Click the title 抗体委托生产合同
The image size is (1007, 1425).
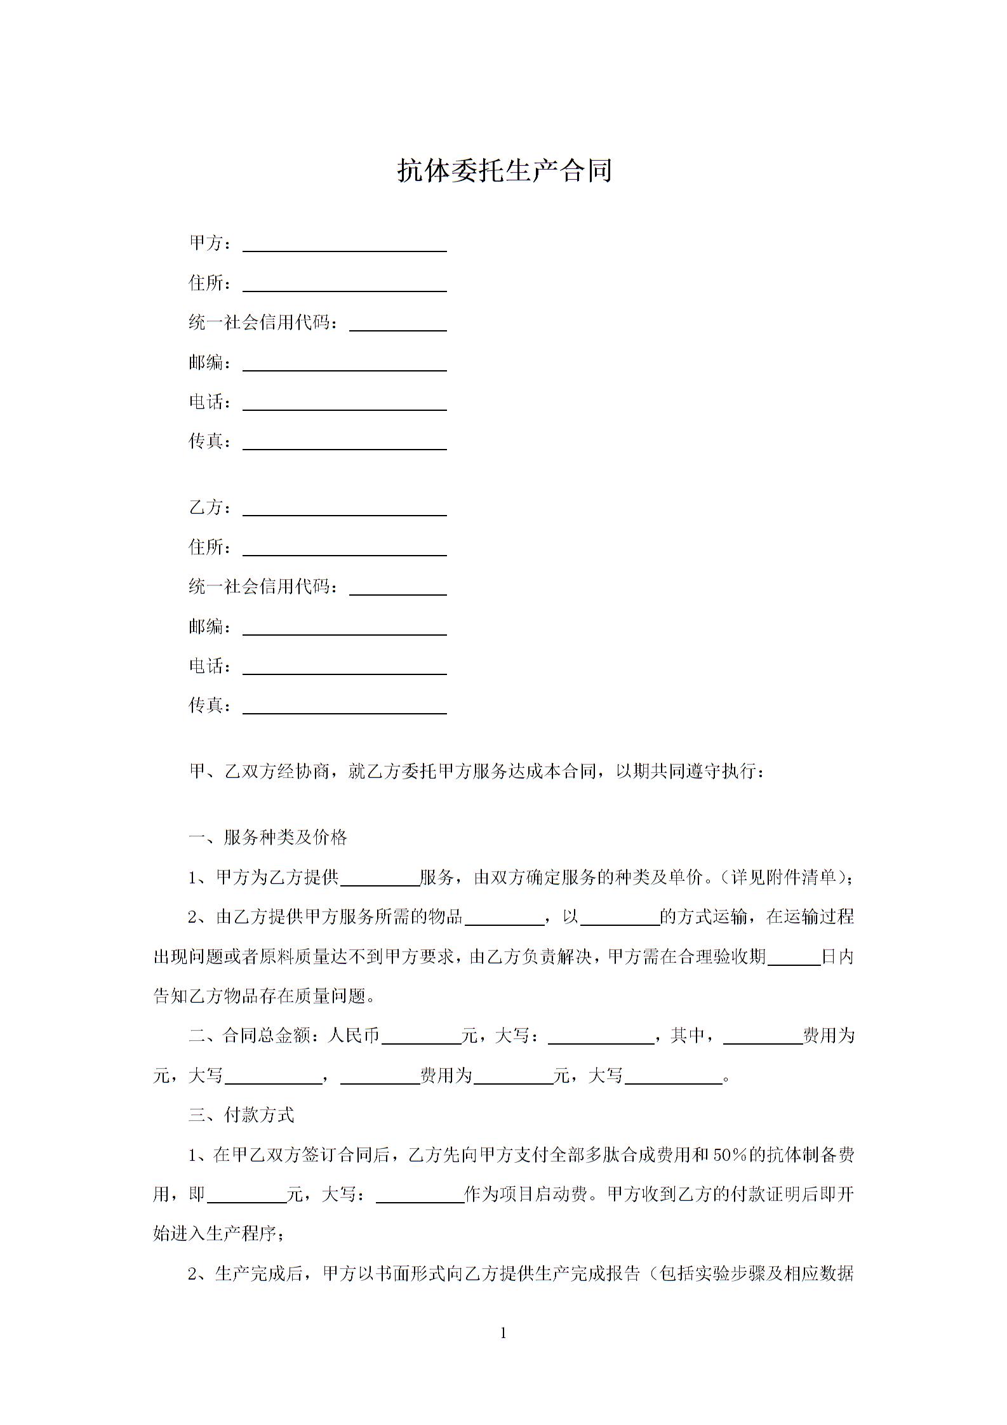click(x=504, y=170)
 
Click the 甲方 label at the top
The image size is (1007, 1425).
click(x=206, y=243)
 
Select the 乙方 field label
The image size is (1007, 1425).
click(x=206, y=507)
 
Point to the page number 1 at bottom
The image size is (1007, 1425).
click(x=503, y=1332)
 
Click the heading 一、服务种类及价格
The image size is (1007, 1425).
click(x=268, y=838)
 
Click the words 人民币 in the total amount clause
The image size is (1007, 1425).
click(x=353, y=1036)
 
